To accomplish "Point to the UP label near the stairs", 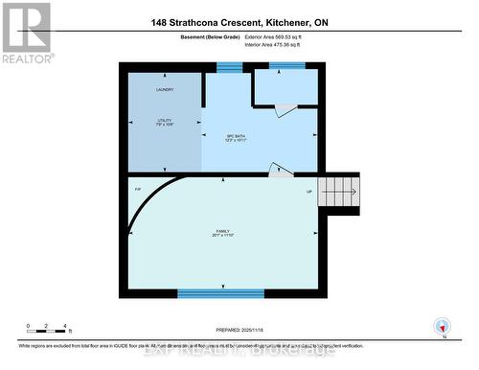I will tap(308, 191).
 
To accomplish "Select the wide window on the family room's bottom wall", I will tap(220, 293).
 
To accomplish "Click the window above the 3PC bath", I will tap(229, 66).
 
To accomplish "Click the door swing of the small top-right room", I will tap(282, 110).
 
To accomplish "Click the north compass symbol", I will tap(442, 326).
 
